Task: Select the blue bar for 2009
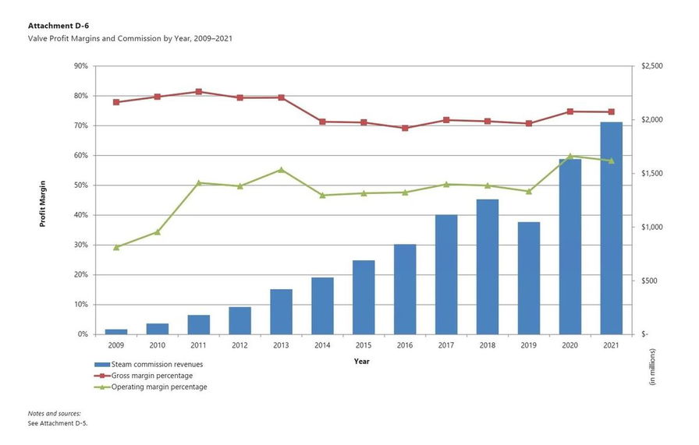(116, 331)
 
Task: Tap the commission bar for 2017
(446, 274)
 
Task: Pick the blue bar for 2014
(322, 305)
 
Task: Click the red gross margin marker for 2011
(199, 92)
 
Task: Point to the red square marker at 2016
(405, 128)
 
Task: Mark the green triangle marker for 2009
(116, 247)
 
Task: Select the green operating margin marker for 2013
(281, 169)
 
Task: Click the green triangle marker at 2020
(570, 156)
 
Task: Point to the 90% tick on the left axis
(80, 66)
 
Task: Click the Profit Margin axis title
(44, 201)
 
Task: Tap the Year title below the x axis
(362, 361)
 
